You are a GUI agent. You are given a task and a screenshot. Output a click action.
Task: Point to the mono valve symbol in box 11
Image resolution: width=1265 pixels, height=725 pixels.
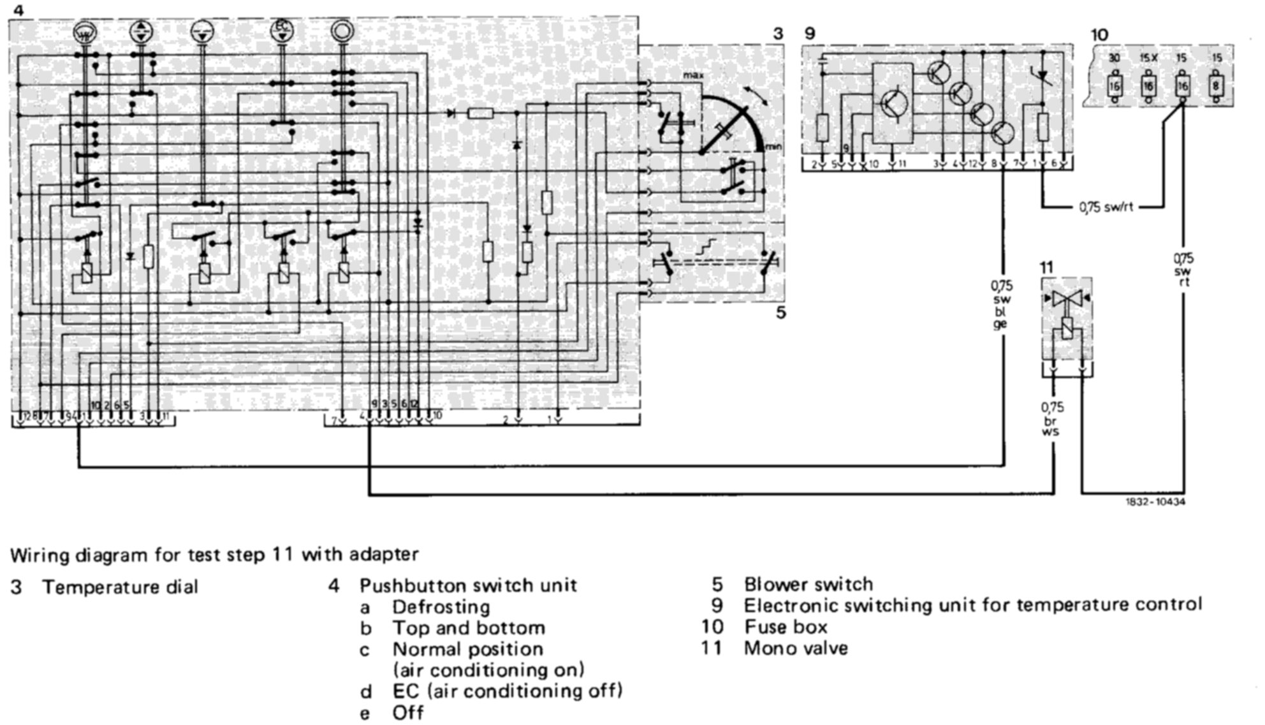click(1067, 299)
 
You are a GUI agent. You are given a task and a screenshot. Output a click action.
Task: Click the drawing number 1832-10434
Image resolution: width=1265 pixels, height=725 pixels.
click(1155, 502)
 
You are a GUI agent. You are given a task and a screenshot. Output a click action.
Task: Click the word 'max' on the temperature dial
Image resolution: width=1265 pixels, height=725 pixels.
click(694, 75)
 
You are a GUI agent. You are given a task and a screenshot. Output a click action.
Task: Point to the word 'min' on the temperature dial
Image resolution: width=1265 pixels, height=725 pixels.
click(773, 147)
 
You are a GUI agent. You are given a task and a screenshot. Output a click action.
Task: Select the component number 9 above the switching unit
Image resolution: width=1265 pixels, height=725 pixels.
click(810, 34)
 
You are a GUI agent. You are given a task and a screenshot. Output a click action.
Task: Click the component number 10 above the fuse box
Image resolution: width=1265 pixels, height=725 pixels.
click(1099, 34)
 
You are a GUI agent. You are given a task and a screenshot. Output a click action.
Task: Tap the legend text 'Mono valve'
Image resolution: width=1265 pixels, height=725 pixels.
click(796, 648)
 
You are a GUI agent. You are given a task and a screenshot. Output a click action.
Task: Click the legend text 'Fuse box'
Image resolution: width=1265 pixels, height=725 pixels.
click(786, 627)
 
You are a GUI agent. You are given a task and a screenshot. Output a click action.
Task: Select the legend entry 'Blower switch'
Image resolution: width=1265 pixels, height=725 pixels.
click(808, 584)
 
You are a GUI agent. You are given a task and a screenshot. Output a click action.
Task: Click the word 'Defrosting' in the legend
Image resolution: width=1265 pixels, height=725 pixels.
click(441, 606)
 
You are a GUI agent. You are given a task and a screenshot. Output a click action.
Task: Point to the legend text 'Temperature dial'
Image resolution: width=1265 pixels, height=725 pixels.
click(120, 587)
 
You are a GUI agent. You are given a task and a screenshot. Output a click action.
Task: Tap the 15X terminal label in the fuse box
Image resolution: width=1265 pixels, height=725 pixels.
click(1148, 59)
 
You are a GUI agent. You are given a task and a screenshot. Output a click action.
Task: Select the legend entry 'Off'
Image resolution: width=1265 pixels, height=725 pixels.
click(408, 712)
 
